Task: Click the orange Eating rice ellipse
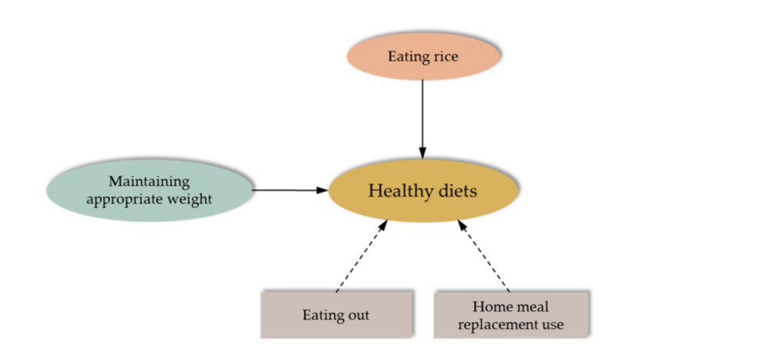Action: (x=422, y=56)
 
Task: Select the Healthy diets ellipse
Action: (x=422, y=190)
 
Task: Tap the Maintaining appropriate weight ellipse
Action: (x=149, y=190)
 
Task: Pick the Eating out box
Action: (x=336, y=315)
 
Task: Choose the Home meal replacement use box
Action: (x=512, y=315)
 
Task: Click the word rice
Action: (x=445, y=56)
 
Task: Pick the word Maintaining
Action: (x=149, y=182)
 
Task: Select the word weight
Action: (x=190, y=199)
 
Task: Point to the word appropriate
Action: (x=127, y=199)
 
